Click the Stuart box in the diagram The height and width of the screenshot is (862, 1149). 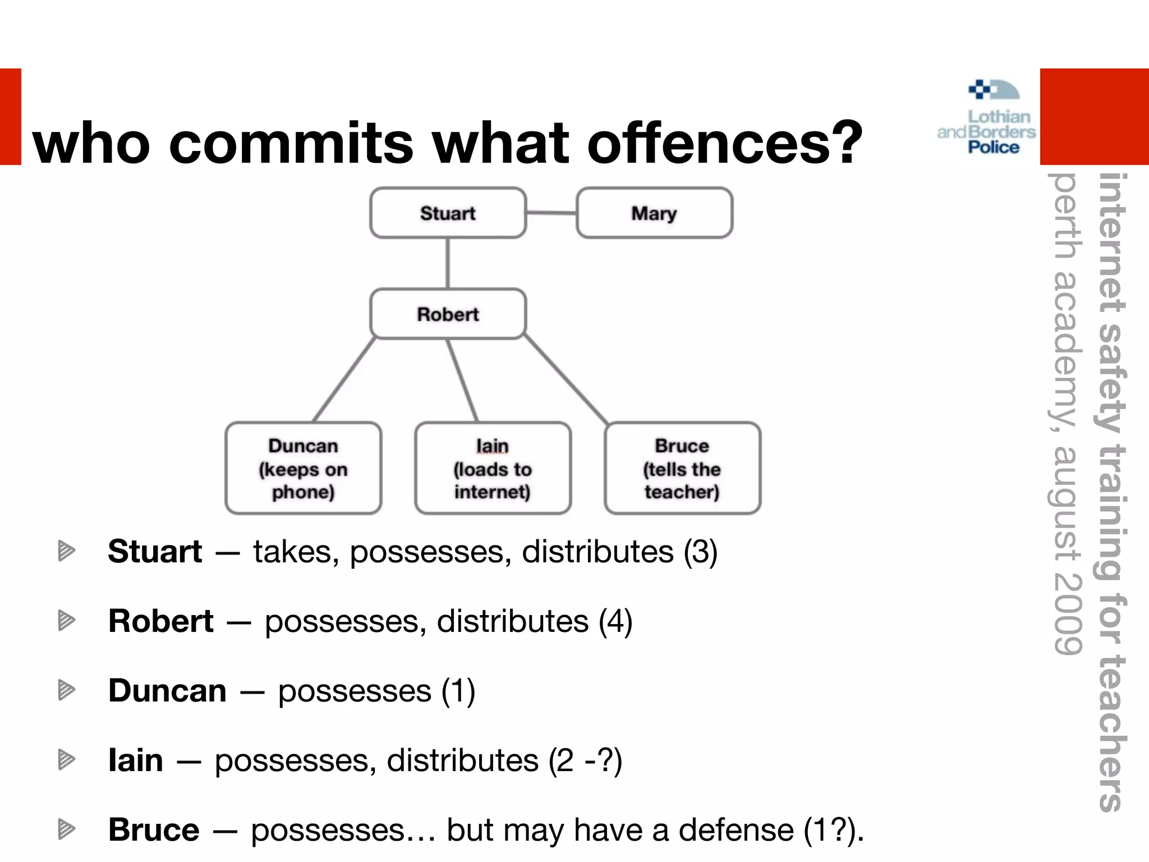coord(448,213)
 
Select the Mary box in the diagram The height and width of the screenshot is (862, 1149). coord(654,213)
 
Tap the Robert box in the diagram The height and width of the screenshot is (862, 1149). coord(448,314)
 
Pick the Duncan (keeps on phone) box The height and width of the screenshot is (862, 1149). coord(303,469)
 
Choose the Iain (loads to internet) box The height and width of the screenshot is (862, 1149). coord(493,469)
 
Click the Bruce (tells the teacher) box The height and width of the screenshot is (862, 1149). coord(682,469)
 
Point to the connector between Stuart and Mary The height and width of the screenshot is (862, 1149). coord(551,213)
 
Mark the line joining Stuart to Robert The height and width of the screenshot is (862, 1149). coord(447,263)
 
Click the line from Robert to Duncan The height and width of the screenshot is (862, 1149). coord(343,380)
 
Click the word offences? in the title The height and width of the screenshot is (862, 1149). coord(724,143)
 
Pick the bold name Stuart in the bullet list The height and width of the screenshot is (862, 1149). coord(155,551)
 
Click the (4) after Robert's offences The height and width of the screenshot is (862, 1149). coord(615,621)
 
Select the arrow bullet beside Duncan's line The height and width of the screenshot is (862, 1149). coord(66,690)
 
